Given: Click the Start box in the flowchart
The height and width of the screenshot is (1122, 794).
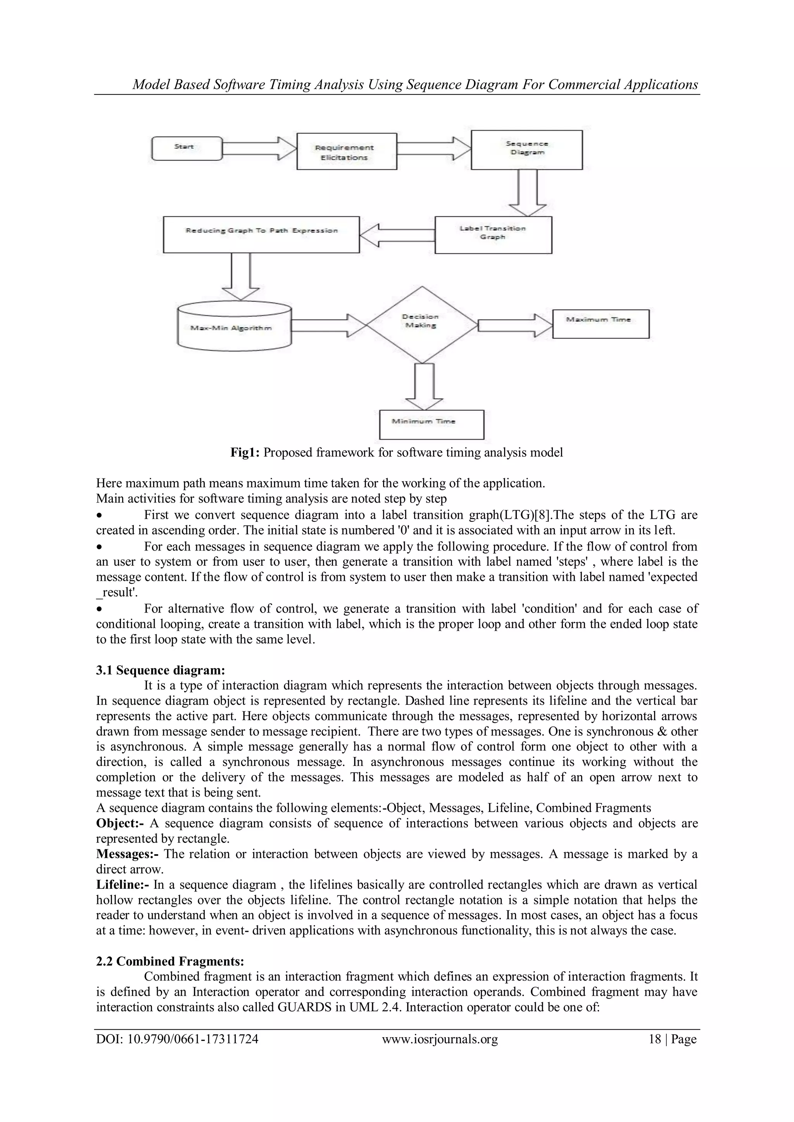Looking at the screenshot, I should [x=187, y=148].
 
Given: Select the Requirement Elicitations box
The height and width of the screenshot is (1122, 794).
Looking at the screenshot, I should [x=347, y=151].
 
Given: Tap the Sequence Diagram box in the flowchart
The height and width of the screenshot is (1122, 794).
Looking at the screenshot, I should [x=526, y=150].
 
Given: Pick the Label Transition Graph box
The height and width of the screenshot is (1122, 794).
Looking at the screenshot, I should [x=493, y=234].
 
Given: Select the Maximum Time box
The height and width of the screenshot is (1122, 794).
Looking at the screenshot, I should [x=601, y=324].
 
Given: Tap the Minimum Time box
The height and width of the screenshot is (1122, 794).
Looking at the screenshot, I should [x=431, y=424].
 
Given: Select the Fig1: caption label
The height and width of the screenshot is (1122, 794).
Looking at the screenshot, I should [x=247, y=453].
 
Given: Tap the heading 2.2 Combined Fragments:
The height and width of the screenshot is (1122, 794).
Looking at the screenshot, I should [x=170, y=961].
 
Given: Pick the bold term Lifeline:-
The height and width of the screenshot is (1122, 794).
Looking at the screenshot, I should [x=123, y=885].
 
